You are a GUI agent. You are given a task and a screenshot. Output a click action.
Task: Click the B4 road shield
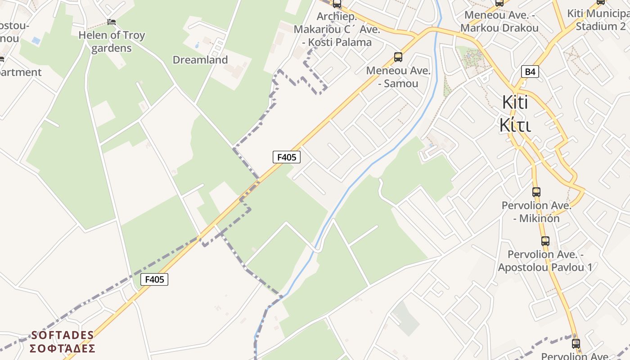click(x=531, y=72)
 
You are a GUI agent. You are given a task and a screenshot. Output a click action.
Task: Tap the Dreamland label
click(x=200, y=60)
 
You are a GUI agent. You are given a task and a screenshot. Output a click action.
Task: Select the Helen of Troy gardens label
click(x=112, y=41)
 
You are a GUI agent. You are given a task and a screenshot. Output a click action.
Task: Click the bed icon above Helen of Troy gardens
click(x=112, y=22)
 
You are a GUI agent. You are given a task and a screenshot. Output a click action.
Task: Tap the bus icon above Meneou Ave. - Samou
click(x=398, y=57)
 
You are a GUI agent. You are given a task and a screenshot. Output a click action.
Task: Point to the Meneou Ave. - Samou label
click(x=398, y=77)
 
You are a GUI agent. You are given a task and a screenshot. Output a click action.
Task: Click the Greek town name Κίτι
click(x=515, y=126)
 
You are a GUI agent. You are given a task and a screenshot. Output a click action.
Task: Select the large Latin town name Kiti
click(x=515, y=103)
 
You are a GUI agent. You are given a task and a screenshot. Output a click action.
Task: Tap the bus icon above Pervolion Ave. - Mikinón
click(x=536, y=192)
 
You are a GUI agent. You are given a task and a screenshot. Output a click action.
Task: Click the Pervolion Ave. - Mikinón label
click(x=536, y=212)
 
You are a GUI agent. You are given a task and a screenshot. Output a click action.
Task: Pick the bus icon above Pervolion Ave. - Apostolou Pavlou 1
click(x=545, y=241)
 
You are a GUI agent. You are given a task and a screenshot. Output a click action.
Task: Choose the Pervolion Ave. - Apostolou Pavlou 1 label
click(x=545, y=261)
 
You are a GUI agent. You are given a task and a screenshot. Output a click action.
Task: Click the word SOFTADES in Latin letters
click(x=63, y=335)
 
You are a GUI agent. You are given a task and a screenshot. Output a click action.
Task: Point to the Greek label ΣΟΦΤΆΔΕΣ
click(x=63, y=349)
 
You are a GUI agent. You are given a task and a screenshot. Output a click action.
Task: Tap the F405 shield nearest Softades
click(x=154, y=279)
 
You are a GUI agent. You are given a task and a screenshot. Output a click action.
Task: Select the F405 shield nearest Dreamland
click(x=286, y=157)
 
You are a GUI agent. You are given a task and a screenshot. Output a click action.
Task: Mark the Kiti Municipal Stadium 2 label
click(x=598, y=20)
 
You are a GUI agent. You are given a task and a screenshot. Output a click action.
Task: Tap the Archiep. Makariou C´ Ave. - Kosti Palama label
click(x=337, y=30)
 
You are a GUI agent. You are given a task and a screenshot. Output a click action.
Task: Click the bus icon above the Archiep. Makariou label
click(x=337, y=4)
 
